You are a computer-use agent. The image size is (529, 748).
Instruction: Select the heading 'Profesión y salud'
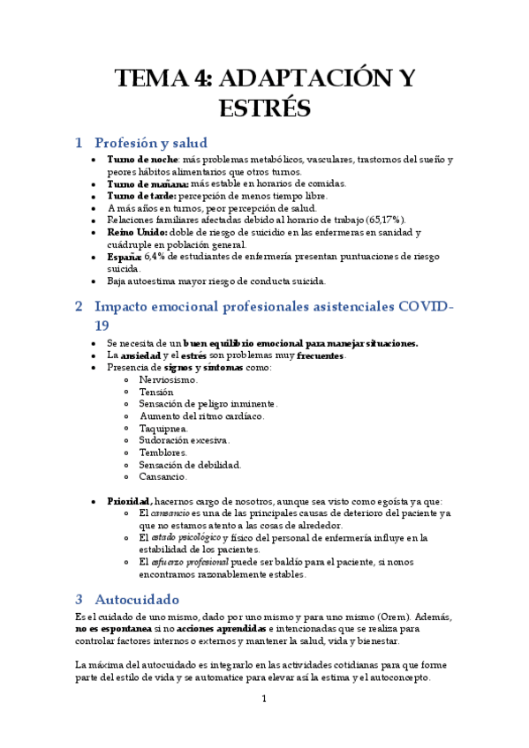150,142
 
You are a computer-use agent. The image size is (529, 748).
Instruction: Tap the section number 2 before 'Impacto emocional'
79,307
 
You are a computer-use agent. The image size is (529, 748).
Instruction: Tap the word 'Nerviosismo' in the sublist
168,379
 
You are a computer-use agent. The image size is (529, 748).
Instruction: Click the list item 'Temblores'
163,453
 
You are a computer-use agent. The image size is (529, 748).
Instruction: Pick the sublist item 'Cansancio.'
163,476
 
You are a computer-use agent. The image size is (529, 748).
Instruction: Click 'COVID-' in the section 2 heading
427,307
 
